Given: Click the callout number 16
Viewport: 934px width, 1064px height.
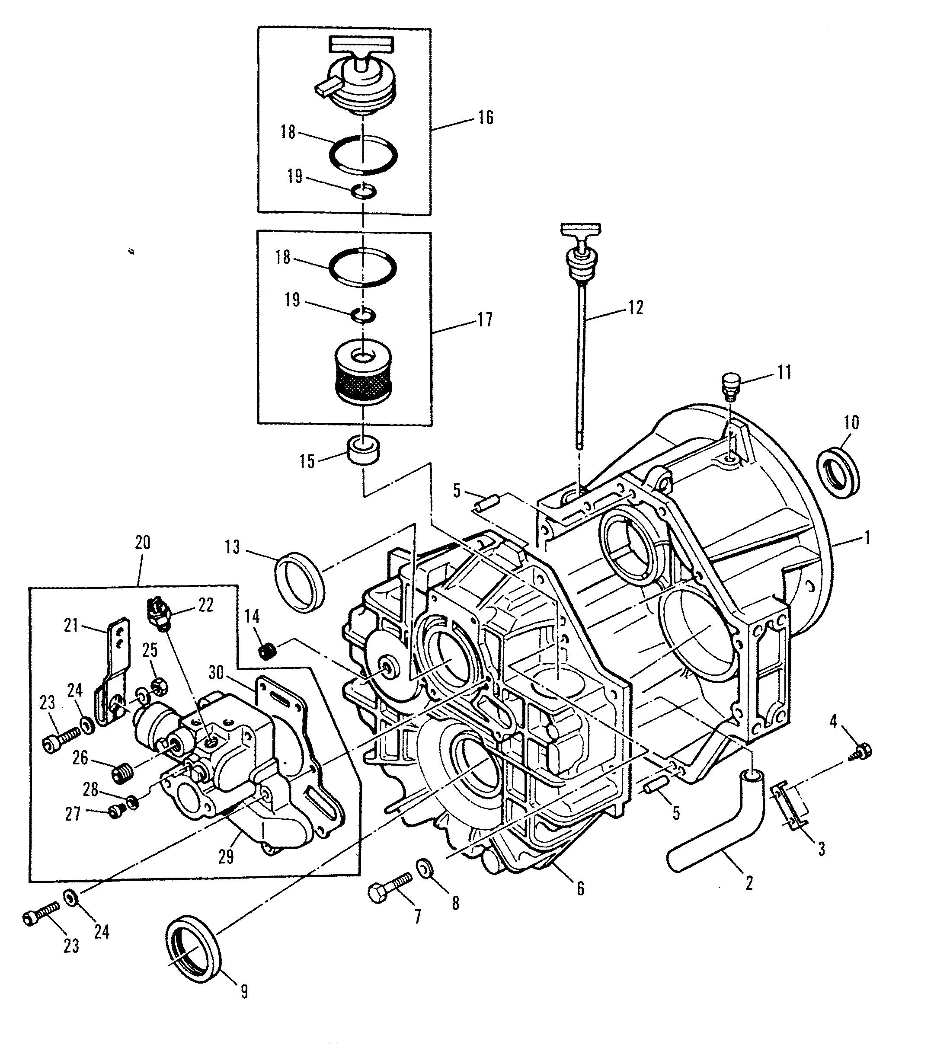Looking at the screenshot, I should click(485, 118).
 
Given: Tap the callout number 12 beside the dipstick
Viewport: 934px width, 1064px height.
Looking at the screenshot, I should click(636, 308).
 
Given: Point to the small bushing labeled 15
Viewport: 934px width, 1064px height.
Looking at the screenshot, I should click(363, 450).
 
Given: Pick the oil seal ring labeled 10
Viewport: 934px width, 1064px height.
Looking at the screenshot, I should click(839, 472).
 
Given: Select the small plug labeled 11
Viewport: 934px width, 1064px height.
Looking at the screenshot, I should click(732, 385).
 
